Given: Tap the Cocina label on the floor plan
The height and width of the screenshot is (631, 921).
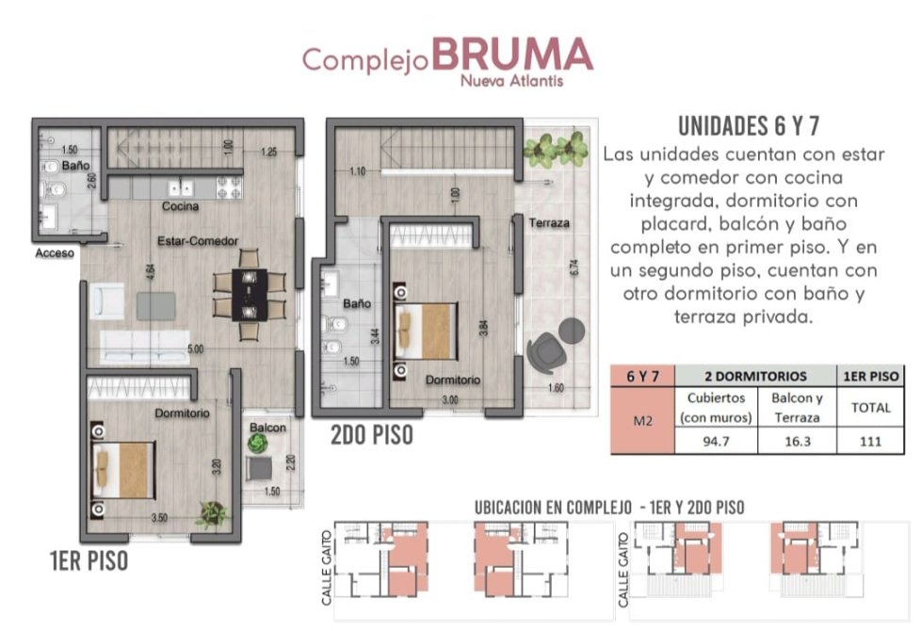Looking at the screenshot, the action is (180, 206).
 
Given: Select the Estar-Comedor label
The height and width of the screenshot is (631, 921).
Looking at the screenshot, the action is (198, 241).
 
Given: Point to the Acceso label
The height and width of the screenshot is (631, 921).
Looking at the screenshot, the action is (55, 253).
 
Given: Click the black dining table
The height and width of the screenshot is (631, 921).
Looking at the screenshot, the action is (250, 295).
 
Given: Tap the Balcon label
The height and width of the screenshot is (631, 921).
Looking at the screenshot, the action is (267, 428).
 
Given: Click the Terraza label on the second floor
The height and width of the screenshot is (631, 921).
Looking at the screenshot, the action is (549, 223).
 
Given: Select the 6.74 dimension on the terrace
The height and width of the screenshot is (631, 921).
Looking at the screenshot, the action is (574, 267).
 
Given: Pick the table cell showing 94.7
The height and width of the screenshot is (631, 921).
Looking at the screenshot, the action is (716, 442).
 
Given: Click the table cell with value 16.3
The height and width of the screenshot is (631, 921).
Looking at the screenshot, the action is (797, 442).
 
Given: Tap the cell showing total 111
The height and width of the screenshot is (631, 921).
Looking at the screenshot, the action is (870, 442).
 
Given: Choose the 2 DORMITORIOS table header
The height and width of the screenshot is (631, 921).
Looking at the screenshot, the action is (755, 376).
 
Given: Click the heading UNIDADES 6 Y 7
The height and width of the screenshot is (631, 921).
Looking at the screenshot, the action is (749, 126).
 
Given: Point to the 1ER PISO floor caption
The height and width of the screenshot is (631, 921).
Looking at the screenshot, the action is (89, 560).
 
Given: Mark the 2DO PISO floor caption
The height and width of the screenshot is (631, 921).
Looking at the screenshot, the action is (372, 435).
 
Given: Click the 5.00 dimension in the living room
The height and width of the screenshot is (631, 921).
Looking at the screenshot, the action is (196, 349).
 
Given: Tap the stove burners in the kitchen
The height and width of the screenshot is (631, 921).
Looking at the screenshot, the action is (229, 188).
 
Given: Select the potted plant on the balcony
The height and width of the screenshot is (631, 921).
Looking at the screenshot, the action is (258, 443).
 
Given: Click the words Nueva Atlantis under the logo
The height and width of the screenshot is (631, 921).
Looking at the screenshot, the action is (511, 80).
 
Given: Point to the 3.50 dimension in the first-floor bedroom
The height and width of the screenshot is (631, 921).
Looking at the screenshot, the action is (159, 518).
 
